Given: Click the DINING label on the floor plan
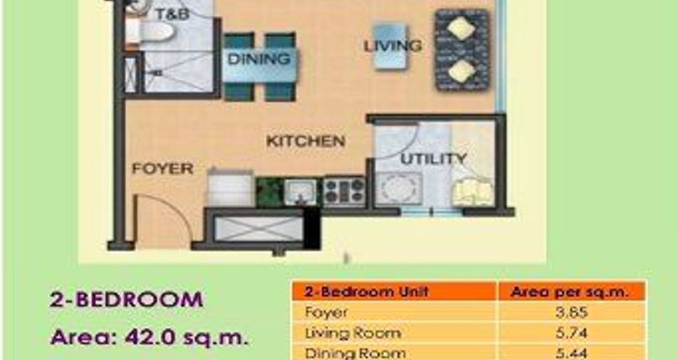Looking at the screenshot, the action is pyautogui.click(x=259, y=58).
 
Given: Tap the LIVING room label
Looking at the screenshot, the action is pyautogui.click(x=393, y=46).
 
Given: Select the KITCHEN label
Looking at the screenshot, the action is pyautogui.click(x=306, y=141).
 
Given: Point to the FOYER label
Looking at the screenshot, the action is pyautogui.click(x=162, y=168).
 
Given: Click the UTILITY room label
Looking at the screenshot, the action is pyautogui.click(x=433, y=159).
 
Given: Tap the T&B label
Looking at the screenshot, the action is pyautogui.click(x=172, y=14).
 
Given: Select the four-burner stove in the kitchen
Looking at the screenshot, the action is pyautogui.click(x=344, y=191).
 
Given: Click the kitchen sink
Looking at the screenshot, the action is pyautogui.click(x=300, y=192).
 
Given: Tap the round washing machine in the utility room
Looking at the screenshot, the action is pyautogui.click(x=398, y=189).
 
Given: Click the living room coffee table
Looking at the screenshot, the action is pyautogui.click(x=391, y=46).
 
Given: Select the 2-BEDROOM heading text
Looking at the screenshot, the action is pyautogui.click(x=127, y=300).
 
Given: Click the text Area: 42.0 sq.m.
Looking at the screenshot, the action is pyautogui.click(x=150, y=337).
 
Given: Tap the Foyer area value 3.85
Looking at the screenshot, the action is pyautogui.click(x=572, y=312).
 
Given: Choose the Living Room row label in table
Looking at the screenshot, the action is pyautogui.click(x=353, y=333).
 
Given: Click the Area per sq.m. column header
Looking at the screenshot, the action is pyautogui.click(x=569, y=292).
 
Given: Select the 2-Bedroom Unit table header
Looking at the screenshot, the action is pyautogui.click(x=366, y=292).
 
